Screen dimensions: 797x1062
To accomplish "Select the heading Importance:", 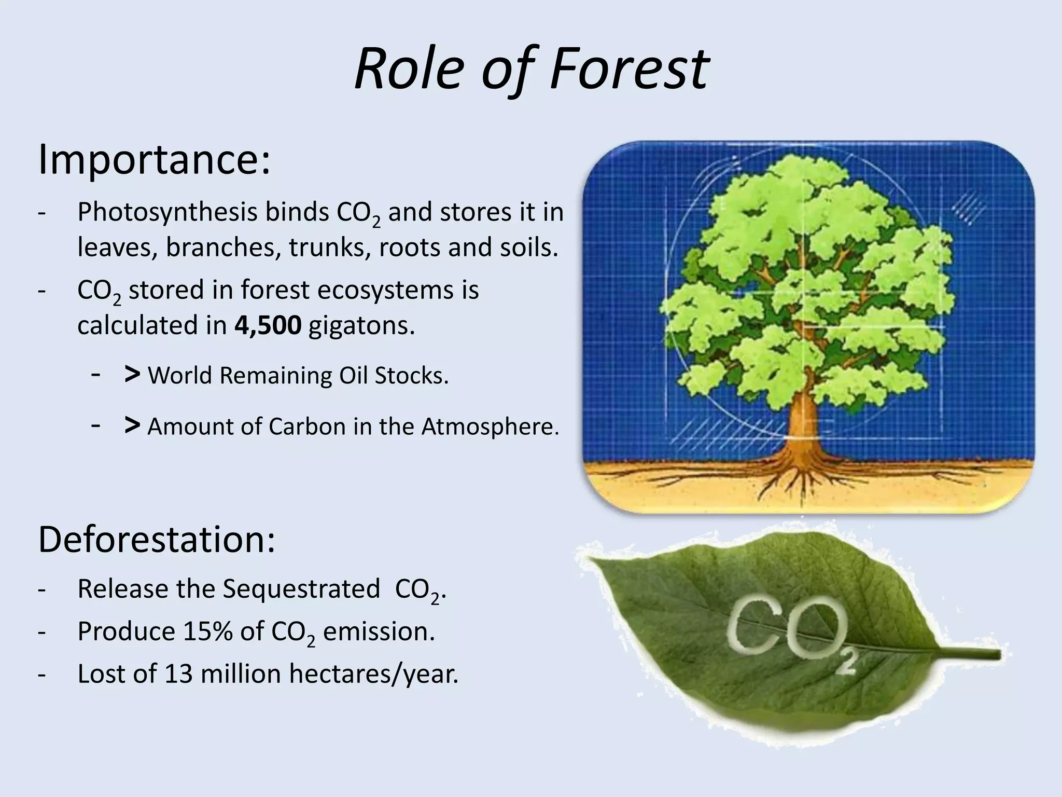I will click(x=154, y=160).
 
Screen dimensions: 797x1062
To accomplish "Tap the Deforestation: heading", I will click(x=157, y=540).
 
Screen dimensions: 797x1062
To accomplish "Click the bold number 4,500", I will click(x=268, y=325).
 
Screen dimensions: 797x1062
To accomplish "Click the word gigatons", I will click(x=361, y=325).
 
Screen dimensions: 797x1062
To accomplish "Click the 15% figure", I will click(x=207, y=631).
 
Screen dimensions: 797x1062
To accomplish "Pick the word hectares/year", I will click(x=373, y=674).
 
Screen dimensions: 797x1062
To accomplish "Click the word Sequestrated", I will click(x=301, y=589).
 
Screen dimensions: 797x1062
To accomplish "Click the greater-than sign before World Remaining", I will click(x=132, y=374).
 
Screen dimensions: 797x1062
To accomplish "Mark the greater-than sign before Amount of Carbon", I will click(x=132, y=425).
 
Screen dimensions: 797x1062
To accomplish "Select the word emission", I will click(x=379, y=631).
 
